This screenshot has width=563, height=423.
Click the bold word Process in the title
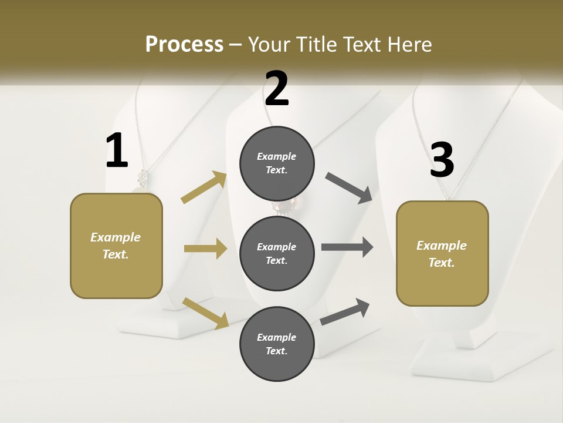click(x=184, y=44)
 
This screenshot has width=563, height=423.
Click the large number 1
click(x=117, y=152)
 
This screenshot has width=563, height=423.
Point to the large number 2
click(x=277, y=89)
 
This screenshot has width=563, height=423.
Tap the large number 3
click(x=442, y=160)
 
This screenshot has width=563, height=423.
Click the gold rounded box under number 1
click(x=116, y=246)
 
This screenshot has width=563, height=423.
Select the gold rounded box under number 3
click(x=442, y=253)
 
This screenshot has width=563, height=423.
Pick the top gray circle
click(x=277, y=163)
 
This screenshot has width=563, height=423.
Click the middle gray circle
click(x=277, y=253)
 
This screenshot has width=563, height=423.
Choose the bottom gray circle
click(x=277, y=344)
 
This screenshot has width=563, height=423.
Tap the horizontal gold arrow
click(x=205, y=249)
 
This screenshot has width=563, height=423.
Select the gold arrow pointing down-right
click(x=205, y=313)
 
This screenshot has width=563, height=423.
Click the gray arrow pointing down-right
click(x=349, y=188)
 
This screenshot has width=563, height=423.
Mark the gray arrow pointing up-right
click(x=345, y=311)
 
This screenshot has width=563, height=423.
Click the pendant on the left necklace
click(x=142, y=177)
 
